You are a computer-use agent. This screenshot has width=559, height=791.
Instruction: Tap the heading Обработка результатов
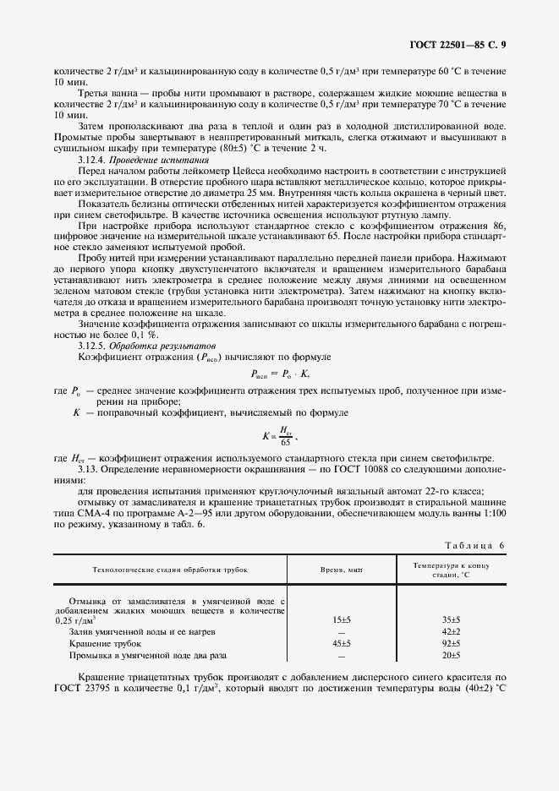[156, 346]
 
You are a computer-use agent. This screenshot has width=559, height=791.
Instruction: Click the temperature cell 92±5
[452, 643]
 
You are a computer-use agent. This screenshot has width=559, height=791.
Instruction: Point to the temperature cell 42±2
[452, 631]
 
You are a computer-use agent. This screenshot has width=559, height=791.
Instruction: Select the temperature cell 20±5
[452, 655]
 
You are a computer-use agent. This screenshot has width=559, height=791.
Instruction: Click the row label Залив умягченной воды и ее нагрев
[142, 631]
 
